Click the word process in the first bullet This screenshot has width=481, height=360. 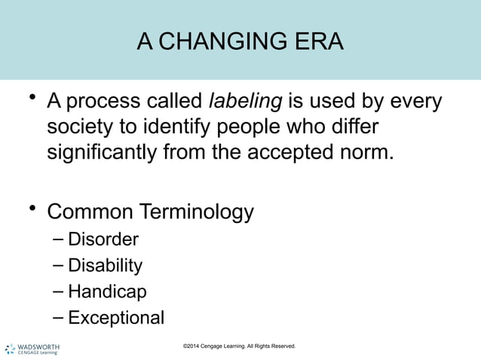102,101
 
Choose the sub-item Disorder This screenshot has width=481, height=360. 103,240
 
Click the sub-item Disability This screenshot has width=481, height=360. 105,266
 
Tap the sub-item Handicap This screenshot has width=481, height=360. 107,292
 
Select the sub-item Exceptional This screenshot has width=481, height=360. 116,318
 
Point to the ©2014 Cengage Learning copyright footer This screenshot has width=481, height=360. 239,346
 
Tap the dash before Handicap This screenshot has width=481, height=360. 59,291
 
